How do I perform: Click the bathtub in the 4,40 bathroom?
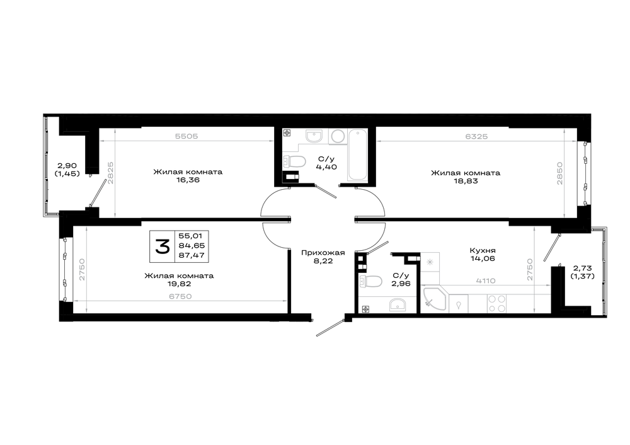pos(357,155)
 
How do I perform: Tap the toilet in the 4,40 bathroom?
pos(294,161)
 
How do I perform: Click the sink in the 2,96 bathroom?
pos(398,304)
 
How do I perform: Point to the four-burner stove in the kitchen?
pos(496,304)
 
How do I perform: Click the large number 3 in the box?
pos(163,246)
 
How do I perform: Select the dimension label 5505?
pos(186,136)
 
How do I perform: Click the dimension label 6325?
pos(476,137)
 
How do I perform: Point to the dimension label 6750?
pos(180,297)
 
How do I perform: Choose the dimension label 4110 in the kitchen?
pos(486,281)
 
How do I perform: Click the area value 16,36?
pos(188,180)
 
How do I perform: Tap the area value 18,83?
pos(466,181)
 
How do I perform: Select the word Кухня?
pos(483,250)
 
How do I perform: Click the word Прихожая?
pos(323,253)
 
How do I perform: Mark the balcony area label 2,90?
pos(67,166)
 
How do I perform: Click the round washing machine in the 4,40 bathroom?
pos(338,137)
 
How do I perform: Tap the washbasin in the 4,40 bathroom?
pos(314,136)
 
